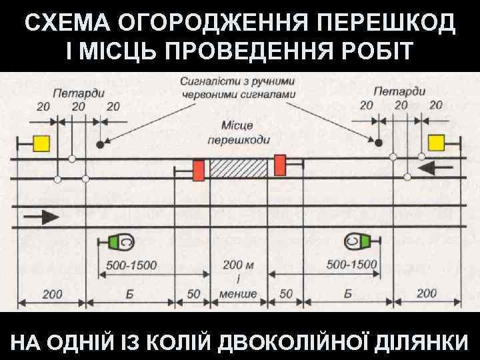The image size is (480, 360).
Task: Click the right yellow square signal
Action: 437,142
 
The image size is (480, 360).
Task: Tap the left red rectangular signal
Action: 198,170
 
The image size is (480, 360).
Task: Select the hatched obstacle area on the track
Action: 238,167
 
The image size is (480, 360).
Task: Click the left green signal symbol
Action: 121,241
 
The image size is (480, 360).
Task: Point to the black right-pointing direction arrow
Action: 40,216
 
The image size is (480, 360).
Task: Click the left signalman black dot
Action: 100,144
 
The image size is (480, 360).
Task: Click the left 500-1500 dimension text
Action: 131,265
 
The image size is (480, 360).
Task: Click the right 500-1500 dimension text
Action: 352,265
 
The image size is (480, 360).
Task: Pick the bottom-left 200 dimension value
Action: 52,293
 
